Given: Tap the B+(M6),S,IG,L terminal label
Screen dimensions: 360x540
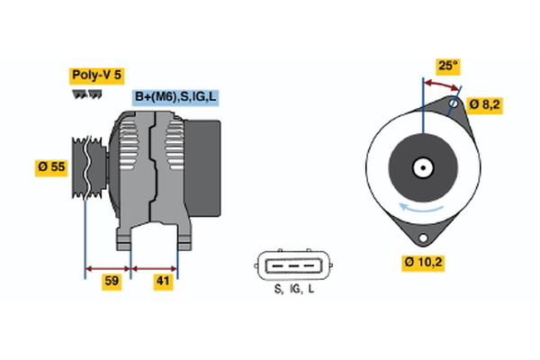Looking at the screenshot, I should pyautogui.click(x=175, y=97).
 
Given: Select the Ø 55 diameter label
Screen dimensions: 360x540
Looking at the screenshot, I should pyautogui.click(x=53, y=168).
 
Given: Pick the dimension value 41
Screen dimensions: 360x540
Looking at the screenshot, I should pyautogui.click(x=163, y=282).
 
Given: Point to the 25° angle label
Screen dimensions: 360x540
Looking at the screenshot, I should pyautogui.click(x=447, y=65).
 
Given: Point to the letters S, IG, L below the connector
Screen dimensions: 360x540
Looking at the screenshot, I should pyautogui.click(x=293, y=289).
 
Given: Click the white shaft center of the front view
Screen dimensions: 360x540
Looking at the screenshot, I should pyautogui.click(x=421, y=167).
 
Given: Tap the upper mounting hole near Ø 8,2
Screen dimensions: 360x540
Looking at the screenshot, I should pyautogui.click(x=455, y=105).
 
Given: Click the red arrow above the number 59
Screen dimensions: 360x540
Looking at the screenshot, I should pyautogui.click(x=108, y=267).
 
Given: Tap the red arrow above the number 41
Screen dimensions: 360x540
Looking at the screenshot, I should pyautogui.click(x=155, y=267).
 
